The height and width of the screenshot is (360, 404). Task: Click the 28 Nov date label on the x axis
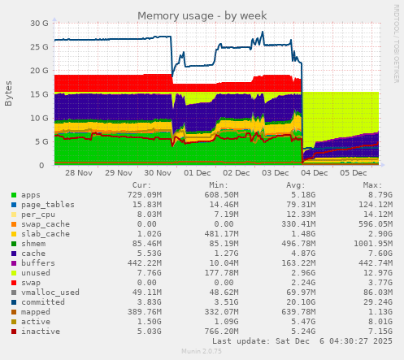click(x=79, y=173)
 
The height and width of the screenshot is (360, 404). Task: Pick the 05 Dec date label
click(x=354, y=173)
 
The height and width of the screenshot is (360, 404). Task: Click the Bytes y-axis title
click(x=9, y=93)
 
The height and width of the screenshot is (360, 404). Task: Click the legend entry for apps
click(x=31, y=195)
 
